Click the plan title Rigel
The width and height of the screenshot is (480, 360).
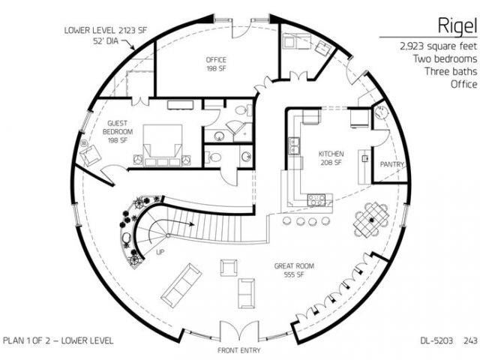click(x=457, y=26)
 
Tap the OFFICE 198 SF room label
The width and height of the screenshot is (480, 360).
click(x=216, y=64)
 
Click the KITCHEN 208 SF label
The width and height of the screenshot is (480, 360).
click(x=331, y=158)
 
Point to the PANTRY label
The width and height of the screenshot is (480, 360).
click(x=391, y=164)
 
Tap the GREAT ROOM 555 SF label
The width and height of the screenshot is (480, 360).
click(x=294, y=270)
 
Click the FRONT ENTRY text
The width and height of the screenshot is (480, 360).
click(x=238, y=350)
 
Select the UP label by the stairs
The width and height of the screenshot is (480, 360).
click(x=160, y=252)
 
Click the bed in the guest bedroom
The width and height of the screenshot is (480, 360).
click(x=162, y=145)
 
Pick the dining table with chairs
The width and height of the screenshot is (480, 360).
click(x=371, y=220)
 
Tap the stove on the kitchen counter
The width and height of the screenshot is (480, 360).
click(x=316, y=200)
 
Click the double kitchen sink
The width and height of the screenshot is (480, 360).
click(x=294, y=145)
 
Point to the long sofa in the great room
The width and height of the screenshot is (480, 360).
click(x=181, y=285)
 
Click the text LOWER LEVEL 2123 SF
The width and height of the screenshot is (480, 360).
click(x=106, y=30)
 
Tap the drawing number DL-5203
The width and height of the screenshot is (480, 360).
click(x=436, y=340)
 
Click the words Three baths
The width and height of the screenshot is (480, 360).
click(x=451, y=71)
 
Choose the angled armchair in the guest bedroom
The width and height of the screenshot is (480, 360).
click(x=90, y=155)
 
